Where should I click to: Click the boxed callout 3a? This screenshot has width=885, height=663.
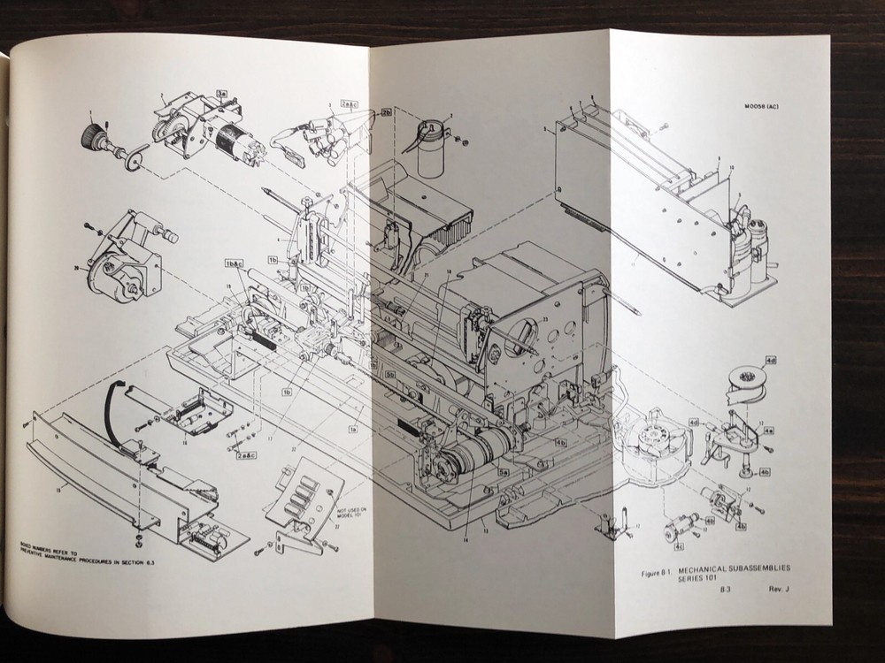coord(222,94)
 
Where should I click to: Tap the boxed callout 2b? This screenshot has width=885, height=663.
coord(387,113)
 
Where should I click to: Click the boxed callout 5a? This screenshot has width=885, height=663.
coord(503,474)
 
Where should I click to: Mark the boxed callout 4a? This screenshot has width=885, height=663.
coord(769,430)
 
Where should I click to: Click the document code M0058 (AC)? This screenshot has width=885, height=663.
coord(766,109)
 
